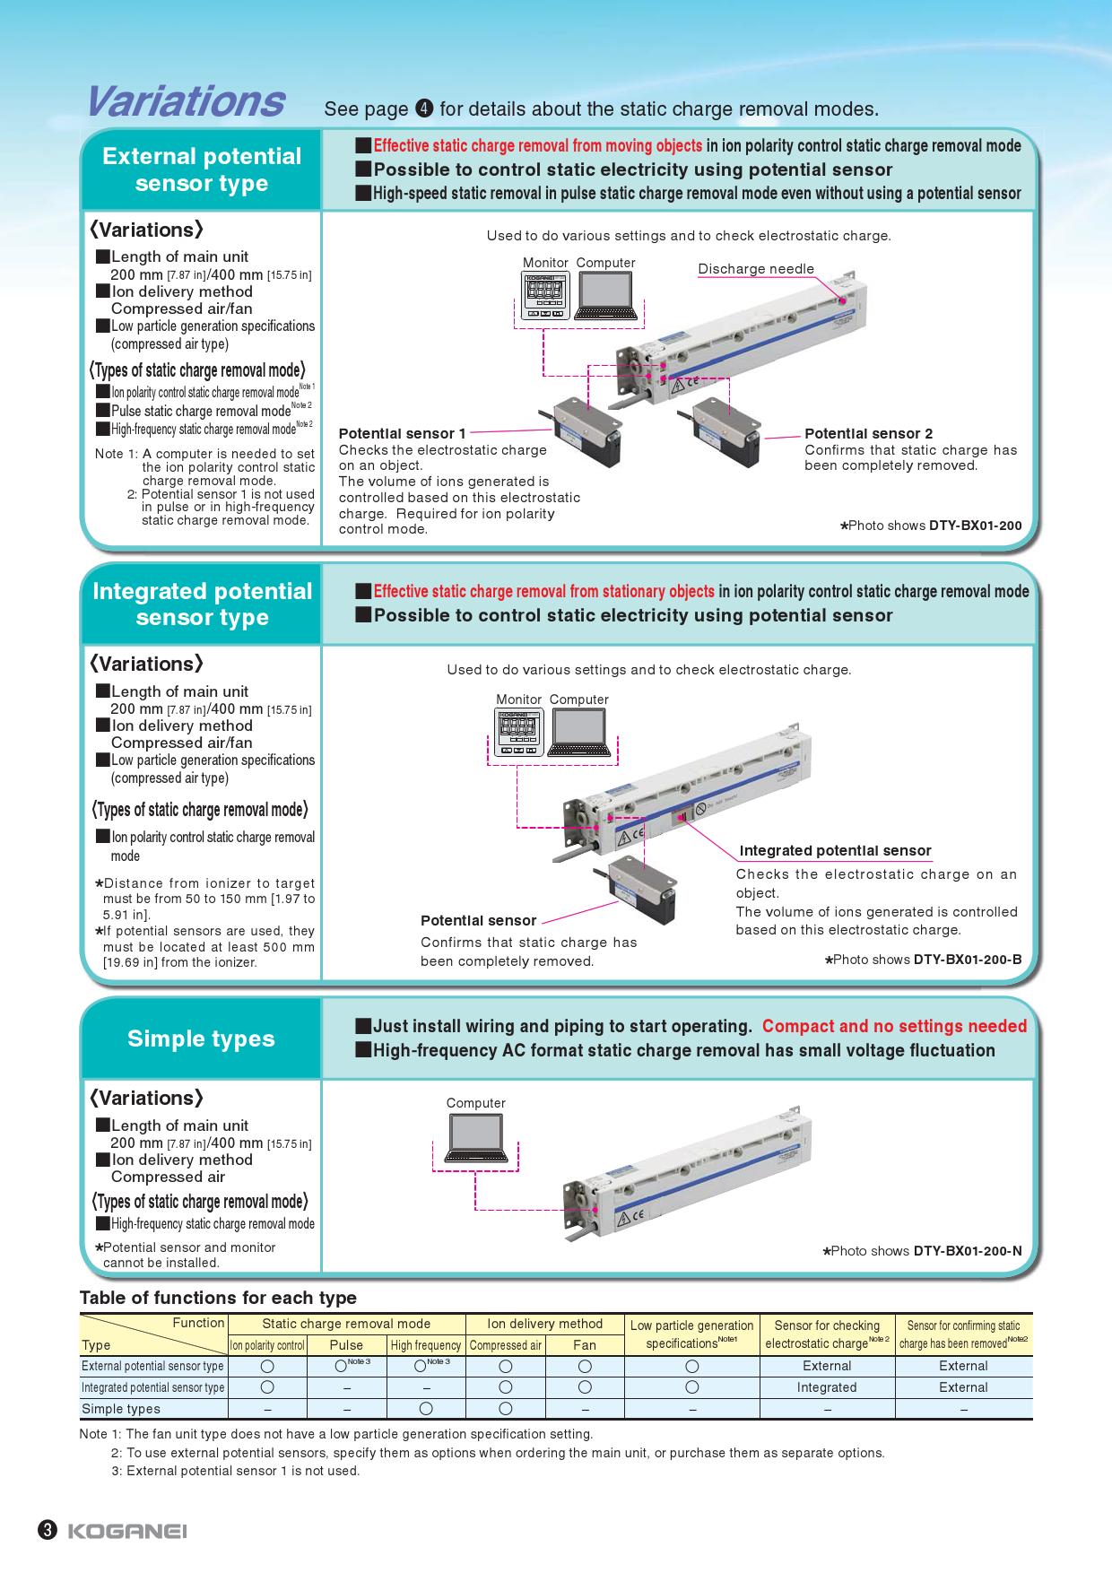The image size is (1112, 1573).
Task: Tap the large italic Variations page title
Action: [x=186, y=101]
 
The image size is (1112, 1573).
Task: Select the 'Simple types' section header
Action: [x=201, y=1039]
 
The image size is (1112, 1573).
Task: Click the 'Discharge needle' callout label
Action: [x=756, y=269]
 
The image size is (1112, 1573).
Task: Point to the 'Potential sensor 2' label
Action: [x=868, y=434]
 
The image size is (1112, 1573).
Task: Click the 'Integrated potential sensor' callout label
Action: [x=835, y=851]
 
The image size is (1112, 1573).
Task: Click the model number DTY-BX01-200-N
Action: [x=968, y=1251]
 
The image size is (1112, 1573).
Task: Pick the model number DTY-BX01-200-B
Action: [x=968, y=960]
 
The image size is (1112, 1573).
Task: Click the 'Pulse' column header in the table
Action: [x=346, y=1345]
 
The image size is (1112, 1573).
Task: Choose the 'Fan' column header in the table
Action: [x=585, y=1345]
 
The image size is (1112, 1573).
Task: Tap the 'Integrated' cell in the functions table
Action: [x=827, y=1387]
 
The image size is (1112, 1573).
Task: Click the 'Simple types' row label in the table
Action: [x=121, y=1409]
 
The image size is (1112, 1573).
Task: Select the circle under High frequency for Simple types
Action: [x=426, y=1409]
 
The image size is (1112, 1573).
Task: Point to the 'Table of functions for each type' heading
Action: [x=218, y=1298]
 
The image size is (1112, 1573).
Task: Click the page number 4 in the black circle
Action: [x=425, y=109]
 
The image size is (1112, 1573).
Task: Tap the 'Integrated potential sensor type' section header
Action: [x=202, y=604]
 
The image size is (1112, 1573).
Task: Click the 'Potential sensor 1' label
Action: [x=402, y=434]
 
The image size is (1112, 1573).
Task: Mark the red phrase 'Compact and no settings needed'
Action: [x=894, y=1026]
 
